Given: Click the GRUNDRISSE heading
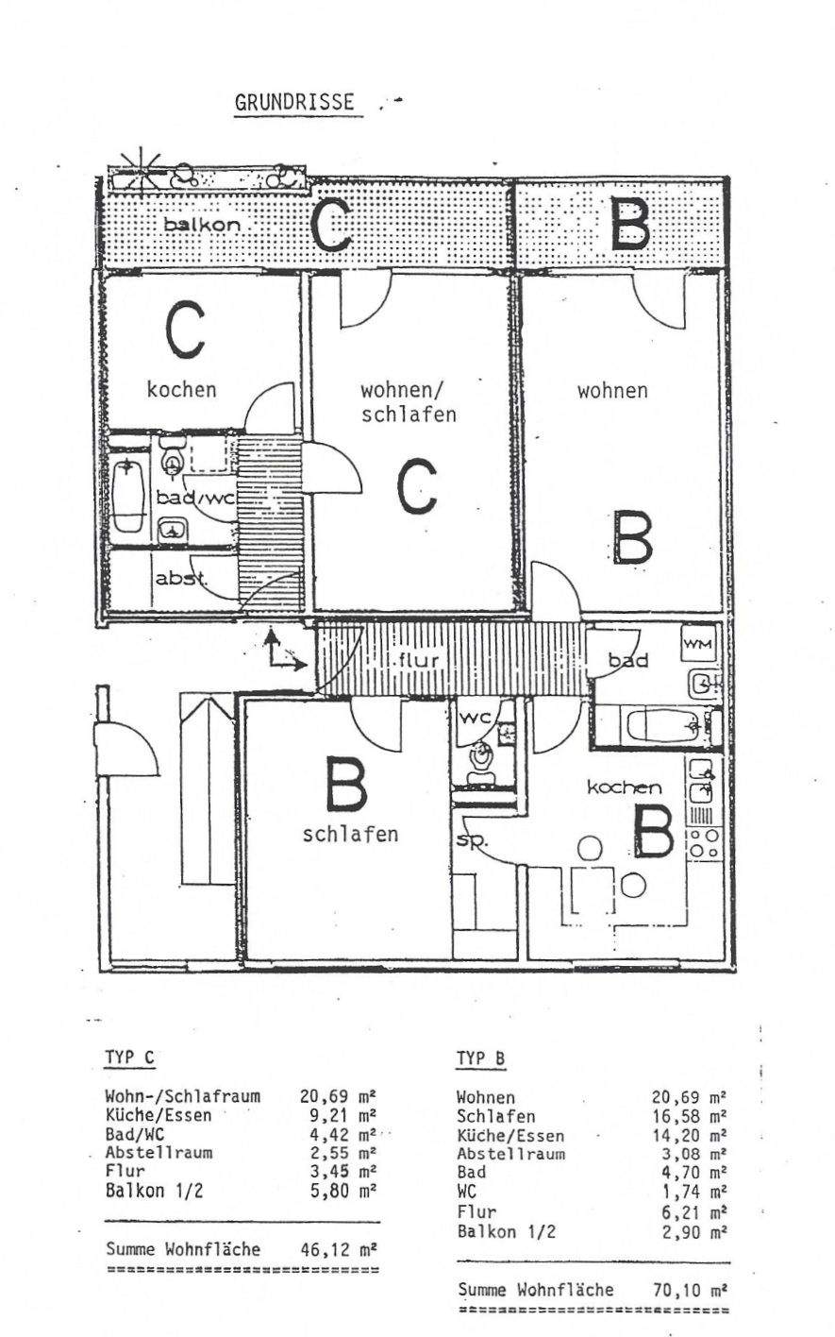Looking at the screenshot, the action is tap(296, 103).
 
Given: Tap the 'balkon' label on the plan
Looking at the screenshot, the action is tap(201, 225).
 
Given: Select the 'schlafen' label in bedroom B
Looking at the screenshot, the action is tap(350, 834).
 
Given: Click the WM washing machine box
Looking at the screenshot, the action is tap(699, 644).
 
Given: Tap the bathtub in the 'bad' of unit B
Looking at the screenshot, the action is tap(665, 728).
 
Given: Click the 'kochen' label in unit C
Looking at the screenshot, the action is tap(181, 388).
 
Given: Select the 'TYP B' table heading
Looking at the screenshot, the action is tap(481, 1058).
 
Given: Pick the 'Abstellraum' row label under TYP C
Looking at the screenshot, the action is tap(158, 1152).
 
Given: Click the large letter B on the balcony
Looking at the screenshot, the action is tap(629, 223).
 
